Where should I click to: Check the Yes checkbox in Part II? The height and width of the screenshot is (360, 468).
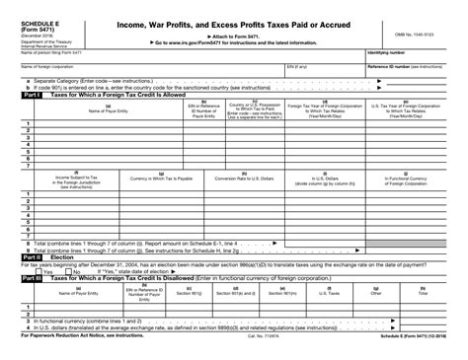[16, 272]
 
